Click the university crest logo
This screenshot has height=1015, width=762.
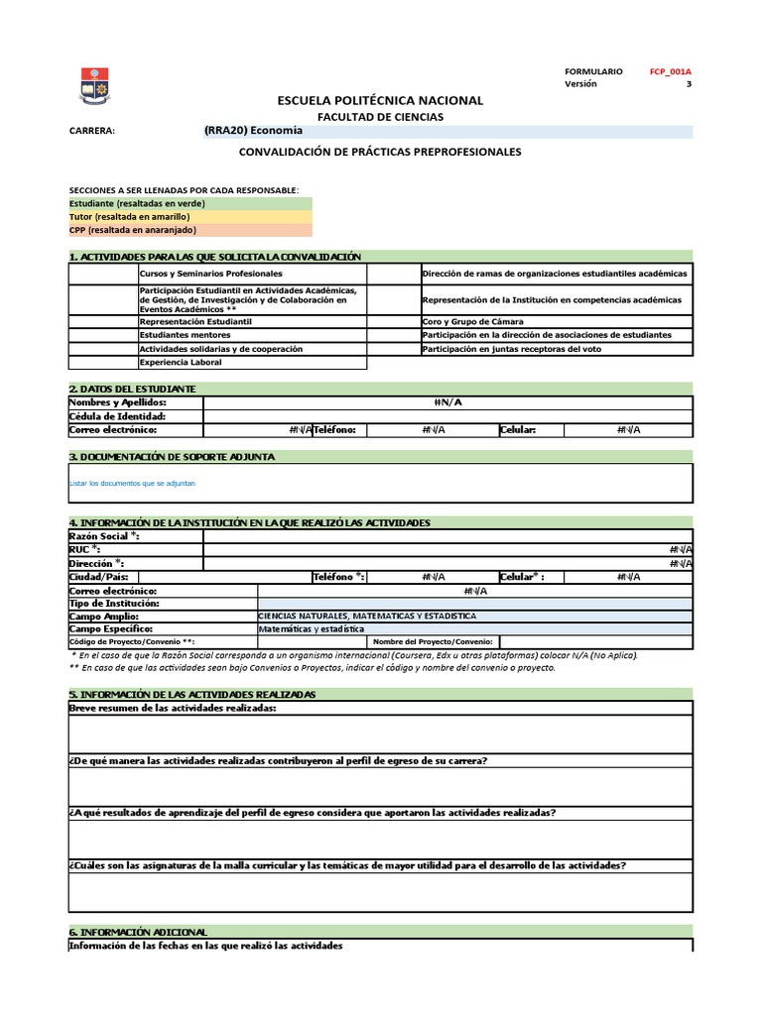[x=95, y=88]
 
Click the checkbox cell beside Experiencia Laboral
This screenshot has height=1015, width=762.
[x=103, y=363]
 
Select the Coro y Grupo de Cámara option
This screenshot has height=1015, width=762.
[x=472, y=322]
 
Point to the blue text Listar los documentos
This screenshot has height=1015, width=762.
[x=132, y=483]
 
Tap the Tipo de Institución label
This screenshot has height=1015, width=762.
[x=113, y=603]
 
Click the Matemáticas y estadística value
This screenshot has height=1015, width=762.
[x=312, y=628]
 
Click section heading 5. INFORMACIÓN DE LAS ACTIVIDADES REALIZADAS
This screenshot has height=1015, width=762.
[x=192, y=694]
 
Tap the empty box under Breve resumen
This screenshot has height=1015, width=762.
[x=380, y=733]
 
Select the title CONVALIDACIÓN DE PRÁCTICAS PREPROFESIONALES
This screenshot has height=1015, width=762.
[x=380, y=152]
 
